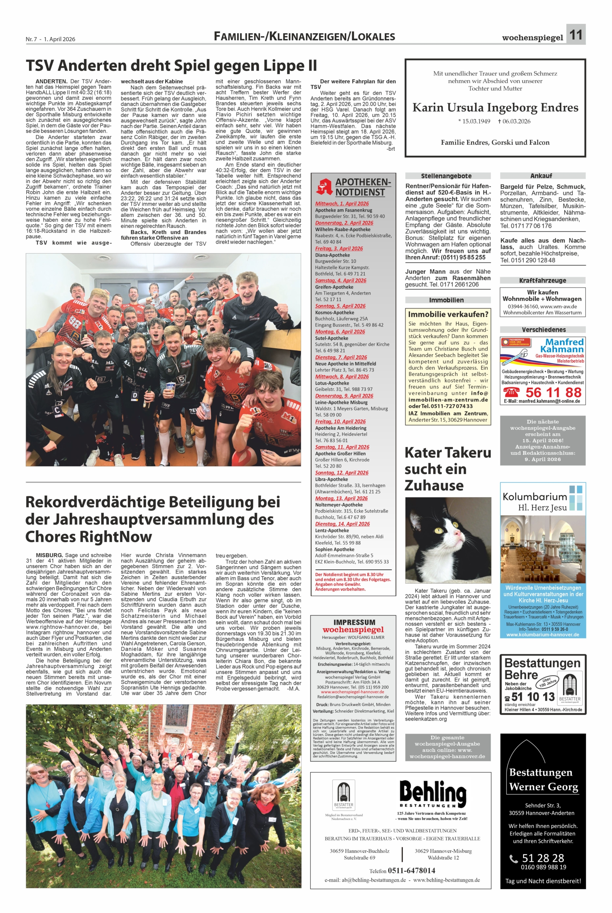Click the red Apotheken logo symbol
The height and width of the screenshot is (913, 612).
[x=324, y=186]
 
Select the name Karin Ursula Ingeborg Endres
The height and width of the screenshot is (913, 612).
[x=495, y=108]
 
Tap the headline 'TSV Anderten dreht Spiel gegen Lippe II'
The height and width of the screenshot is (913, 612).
[x=171, y=66]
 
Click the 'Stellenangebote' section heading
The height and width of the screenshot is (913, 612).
[x=448, y=176]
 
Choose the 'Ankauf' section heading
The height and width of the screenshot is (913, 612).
[x=542, y=176]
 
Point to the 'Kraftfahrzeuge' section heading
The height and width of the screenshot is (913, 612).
[x=542, y=280]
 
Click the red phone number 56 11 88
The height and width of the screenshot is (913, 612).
[x=553, y=392]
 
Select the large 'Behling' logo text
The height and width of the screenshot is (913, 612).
[x=433, y=792]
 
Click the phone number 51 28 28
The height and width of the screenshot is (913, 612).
[x=543, y=858]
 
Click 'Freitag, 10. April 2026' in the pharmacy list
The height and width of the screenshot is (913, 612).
[x=340, y=422]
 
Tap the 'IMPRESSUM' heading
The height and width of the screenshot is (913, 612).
[x=354, y=622]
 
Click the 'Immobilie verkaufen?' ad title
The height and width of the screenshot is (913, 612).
[x=448, y=314]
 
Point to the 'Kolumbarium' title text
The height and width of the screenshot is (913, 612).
[x=534, y=497]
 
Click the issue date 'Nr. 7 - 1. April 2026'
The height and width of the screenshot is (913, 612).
[x=50, y=39]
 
